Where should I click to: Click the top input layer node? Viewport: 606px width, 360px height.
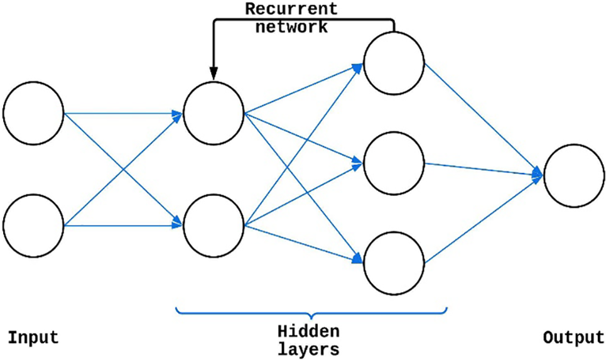(33, 114)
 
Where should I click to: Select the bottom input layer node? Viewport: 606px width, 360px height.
(33, 224)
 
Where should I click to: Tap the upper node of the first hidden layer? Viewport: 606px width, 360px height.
(214, 114)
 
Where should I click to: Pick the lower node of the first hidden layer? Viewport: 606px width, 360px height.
(214, 224)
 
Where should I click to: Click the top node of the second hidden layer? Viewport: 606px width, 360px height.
(394, 63)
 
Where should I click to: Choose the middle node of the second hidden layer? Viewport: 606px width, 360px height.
(394, 163)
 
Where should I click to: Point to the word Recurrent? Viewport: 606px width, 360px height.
(291, 9)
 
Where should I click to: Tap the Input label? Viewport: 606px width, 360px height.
(33, 337)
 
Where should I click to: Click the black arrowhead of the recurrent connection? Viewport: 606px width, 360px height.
(214, 74)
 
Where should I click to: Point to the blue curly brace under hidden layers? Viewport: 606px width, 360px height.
(311, 312)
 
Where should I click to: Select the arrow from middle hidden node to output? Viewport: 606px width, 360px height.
(484, 170)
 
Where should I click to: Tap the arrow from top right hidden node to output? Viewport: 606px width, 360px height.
(484, 119)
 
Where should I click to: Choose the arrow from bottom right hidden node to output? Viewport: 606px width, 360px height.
(484, 221)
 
